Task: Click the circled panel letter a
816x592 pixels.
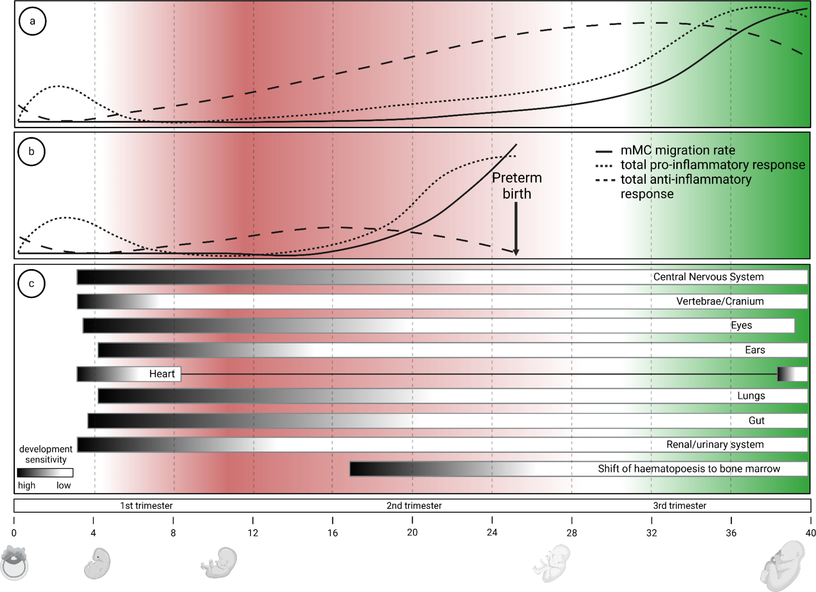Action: point(33,21)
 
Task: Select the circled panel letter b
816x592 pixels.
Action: point(32,152)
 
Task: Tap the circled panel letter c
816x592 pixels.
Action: point(32,284)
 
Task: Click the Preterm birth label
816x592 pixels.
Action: point(517,186)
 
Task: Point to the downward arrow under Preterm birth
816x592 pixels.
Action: point(516,228)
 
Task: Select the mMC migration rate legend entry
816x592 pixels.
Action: point(677,150)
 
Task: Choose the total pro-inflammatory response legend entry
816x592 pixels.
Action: point(712,165)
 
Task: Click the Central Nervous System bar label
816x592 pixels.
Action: point(708,277)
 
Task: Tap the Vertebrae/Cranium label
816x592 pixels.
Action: point(720,301)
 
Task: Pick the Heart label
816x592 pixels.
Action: point(162,374)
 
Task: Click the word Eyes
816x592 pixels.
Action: point(741,325)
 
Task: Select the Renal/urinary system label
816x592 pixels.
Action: point(715,444)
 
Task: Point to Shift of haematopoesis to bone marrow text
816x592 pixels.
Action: point(689,469)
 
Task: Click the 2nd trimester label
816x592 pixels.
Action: point(414,506)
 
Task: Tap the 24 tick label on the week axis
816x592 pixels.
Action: point(492,532)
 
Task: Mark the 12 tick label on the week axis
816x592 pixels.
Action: point(253,533)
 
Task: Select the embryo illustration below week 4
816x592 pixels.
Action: point(97,563)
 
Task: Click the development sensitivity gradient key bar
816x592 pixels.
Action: point(45,473)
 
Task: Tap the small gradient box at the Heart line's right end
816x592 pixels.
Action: point(792,374)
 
